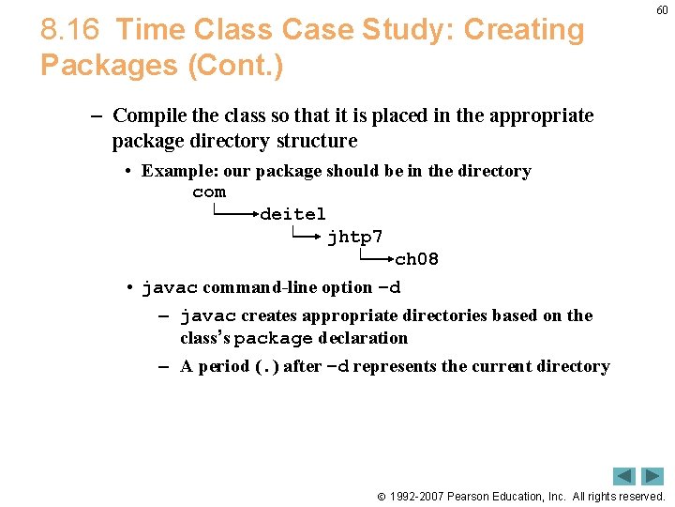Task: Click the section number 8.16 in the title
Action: (69, 30)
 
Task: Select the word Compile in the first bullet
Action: (149, 116)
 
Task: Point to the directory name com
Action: (209, 192)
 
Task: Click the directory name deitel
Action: (292, 214)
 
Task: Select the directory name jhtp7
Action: (354, 237)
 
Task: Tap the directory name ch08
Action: (416, 259)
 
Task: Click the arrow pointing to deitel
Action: (235, 214)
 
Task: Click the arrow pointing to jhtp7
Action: (306, 237)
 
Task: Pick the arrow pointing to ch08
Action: (374, 259)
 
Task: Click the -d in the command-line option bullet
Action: (388, 287)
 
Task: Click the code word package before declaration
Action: (273, 338)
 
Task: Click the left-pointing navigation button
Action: (624, 476)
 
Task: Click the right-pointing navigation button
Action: (652, 476)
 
